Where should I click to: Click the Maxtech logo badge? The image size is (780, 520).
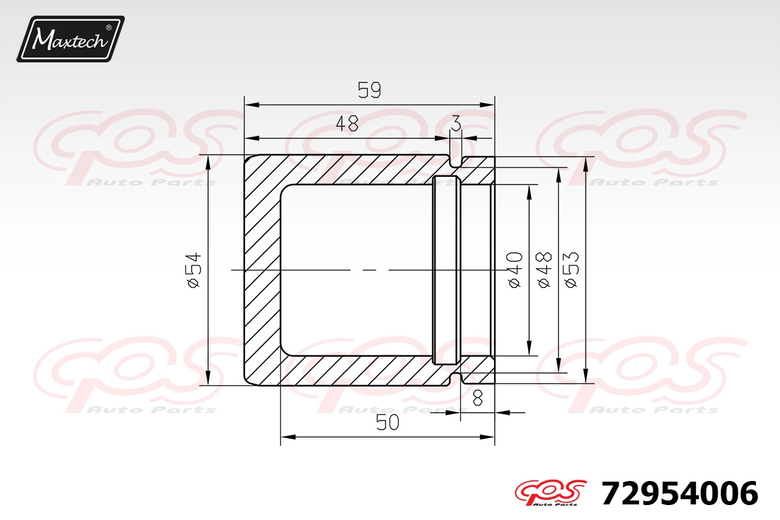coord(71,39)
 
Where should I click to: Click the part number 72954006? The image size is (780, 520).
coord(680,493)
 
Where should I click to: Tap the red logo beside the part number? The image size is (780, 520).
coord(551,493)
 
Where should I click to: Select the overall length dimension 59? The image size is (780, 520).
coord(369,90)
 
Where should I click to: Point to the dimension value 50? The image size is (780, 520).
coord(387,423)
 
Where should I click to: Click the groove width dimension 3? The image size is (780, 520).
coord(456,123)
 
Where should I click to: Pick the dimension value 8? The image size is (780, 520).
coord(478,397)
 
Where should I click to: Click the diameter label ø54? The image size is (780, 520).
coord(194,270)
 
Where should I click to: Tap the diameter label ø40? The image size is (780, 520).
coord(515,270)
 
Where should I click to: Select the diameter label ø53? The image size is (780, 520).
coord(571,270)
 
